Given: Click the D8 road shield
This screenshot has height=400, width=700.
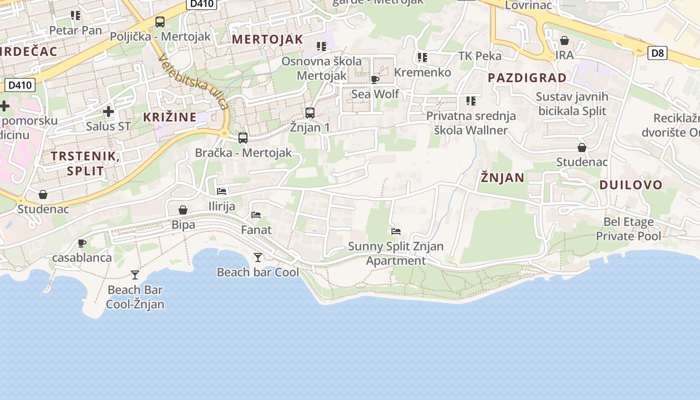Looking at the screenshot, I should click(x=657, y=52).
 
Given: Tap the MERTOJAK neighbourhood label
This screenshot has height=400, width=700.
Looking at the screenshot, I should click(x=267, y=39).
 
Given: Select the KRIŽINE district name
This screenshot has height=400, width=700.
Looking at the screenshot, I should click(x=170, y=117).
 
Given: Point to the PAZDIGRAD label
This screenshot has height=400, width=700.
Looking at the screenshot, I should click(x=527, y=77).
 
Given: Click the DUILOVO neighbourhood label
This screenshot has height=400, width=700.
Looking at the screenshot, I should click(x=630, y=184).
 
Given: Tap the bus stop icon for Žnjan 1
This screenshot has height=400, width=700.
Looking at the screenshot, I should click(x=310, y=113).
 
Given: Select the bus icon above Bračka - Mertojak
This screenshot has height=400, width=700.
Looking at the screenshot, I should click(x=243, y=138).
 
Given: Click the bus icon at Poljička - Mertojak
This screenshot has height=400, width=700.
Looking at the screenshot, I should click(x=160, y=22).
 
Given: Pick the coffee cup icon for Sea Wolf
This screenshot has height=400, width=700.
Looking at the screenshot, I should click(x=375, y=79).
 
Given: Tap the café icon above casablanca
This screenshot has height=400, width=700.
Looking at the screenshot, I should click(x=82, y=243).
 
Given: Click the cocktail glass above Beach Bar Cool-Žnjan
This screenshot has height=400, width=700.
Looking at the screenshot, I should click(x=135, y=274).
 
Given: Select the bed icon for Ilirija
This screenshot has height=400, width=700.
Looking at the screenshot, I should click(x=221, y=191).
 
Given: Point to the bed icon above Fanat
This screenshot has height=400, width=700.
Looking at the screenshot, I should click(x=256, y=215).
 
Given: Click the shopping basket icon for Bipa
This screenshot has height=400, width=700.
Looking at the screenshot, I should click(x=183, y=210).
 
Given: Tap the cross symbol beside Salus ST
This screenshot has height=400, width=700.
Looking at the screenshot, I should click(x=108, y=111).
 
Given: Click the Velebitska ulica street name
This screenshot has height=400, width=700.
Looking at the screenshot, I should click(x=193, y=81).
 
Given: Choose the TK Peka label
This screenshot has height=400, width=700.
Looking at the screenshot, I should click(x=480, y=55).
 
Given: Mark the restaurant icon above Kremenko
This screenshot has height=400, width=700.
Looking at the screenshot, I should click(x=422, y=57).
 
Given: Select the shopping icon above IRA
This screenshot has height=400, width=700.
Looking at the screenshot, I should click(x=564, y=40).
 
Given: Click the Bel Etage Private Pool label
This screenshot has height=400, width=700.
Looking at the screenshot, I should click(x=628, y=228).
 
